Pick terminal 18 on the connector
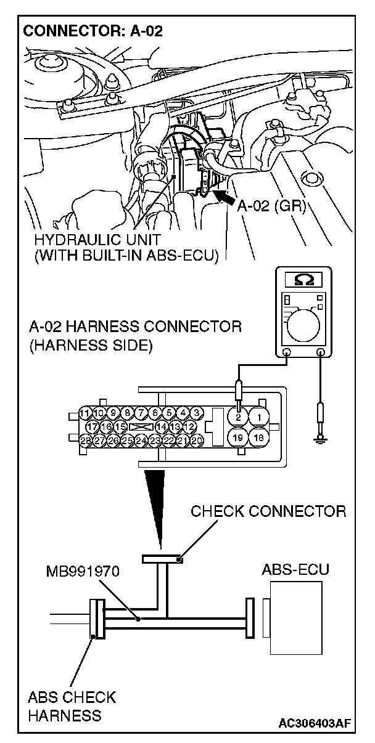(x=260, y=438)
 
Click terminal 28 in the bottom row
(x=86, y=440)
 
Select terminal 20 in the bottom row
(x=197, y=440)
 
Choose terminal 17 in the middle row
(x=93, y=426)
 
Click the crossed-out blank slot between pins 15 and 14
(x=141, y=426)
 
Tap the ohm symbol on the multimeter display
(x=303, y=279)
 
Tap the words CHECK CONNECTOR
(x=268, y=511)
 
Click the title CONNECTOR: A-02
(x=93, y=31)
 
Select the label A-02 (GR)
(x=272, y=206)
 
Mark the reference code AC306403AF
(x=317, y=722)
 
